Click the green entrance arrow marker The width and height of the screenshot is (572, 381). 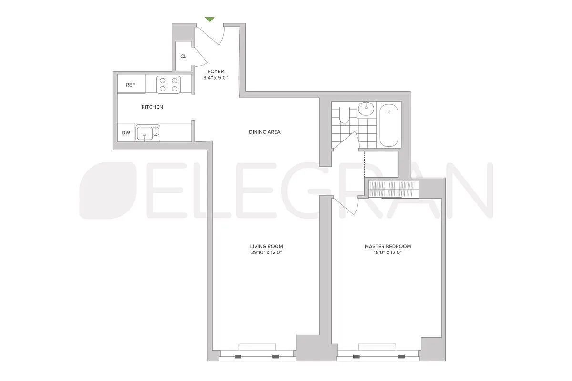point(210,20)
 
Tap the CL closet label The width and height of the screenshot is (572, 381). point(184,56)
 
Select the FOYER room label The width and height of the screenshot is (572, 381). point(215,71)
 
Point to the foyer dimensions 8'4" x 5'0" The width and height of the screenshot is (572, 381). point(215,78)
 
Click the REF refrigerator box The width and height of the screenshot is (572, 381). point(131,85)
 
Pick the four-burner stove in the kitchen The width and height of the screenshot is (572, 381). point(169,85)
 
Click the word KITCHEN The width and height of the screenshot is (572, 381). point(152,107)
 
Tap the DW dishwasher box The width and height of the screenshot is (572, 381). point(126,133)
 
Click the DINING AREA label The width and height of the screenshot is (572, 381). point(265,132)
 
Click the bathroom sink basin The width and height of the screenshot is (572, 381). point(366,108)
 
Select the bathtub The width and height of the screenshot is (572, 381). point(390,125)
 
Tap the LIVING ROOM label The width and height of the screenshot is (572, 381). point(266,246)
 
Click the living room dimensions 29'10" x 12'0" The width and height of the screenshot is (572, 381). point(266,252)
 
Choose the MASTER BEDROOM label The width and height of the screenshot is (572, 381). point(388,246)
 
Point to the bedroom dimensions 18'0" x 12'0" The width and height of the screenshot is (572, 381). point(388,252)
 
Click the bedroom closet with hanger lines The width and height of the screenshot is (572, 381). point(393,189)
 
